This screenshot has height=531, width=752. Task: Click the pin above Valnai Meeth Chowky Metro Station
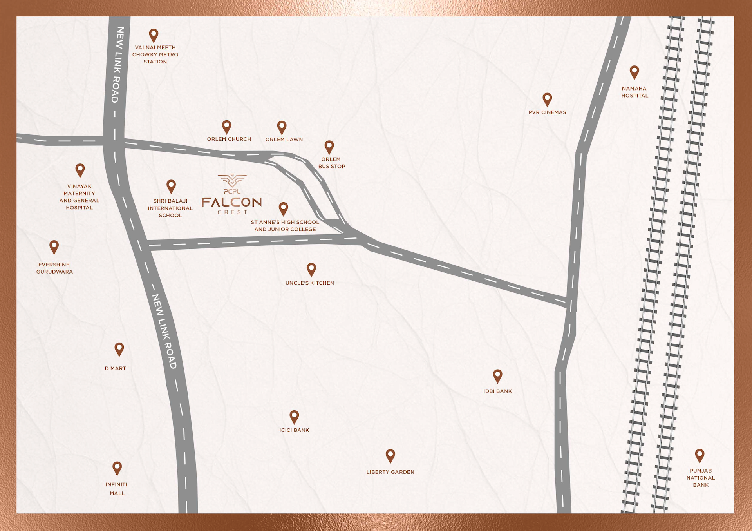pyautogui.click(x=154, y=35)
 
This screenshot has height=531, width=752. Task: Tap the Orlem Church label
pyautogui.click(x=229, y=139)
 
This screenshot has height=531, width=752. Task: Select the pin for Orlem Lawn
pyautogui.click(x=282, y=127)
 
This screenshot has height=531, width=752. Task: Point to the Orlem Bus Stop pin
pyautogui.click(x=329, y=147)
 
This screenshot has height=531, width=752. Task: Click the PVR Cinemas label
pyautogui.click(x=547, y=112)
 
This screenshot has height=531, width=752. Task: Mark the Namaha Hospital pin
pyautogui.click(x=634, y=72)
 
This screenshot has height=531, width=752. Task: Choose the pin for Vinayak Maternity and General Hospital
pyautogui.click(x=80, y=170)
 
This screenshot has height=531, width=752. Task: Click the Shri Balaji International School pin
pyautogui.click(x=171, y=186)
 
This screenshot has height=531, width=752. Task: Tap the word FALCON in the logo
pyautogui.click(x=231, y=202)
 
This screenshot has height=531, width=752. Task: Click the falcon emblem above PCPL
pyautogui.click(x=232, y=180)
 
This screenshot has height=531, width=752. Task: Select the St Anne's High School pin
pyautogui.click(x=283, y=208)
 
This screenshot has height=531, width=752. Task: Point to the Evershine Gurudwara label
pyautogui.click(x=54, y=268)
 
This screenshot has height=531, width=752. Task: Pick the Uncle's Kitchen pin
pyautogui.click(x=311, y=269)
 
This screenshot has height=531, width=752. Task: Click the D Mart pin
pyautogui.click(x=119, y=348)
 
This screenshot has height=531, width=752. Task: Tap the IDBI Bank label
pyautogui.click(x=497, y=391)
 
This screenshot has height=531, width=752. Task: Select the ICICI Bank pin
pyautogui.click(x=294, y=417)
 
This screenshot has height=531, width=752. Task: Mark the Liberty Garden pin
pyautogui.click(x=390, y=455)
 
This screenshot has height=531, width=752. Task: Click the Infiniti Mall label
pyautogui.click(x=117, y=489)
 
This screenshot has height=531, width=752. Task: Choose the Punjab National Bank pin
pyautogui.click(x=700, y=455)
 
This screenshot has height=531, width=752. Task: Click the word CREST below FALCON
pyautogui.click(x=233, y=212)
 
